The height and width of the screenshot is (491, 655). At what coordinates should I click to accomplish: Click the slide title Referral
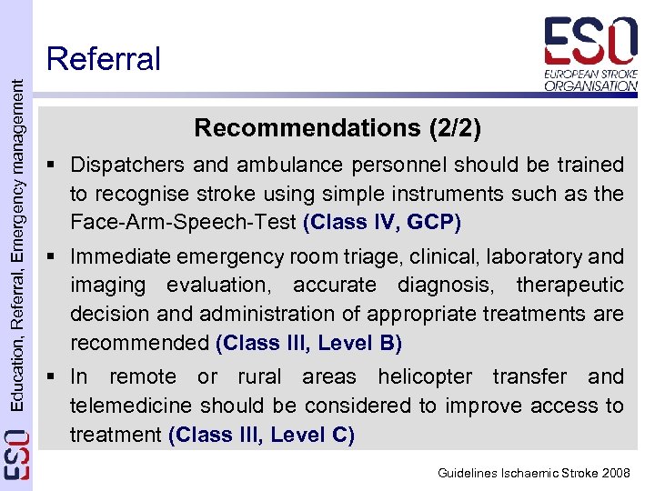103,59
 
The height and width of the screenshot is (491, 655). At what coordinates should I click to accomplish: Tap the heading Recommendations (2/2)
338,128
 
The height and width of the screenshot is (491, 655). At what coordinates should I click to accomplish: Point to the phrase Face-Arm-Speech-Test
184,223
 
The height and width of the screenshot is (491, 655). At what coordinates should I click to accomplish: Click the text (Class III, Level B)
308,343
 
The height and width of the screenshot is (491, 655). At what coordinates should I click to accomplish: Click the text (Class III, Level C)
262,435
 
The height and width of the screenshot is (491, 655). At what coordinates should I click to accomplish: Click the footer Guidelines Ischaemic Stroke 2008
533,474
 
